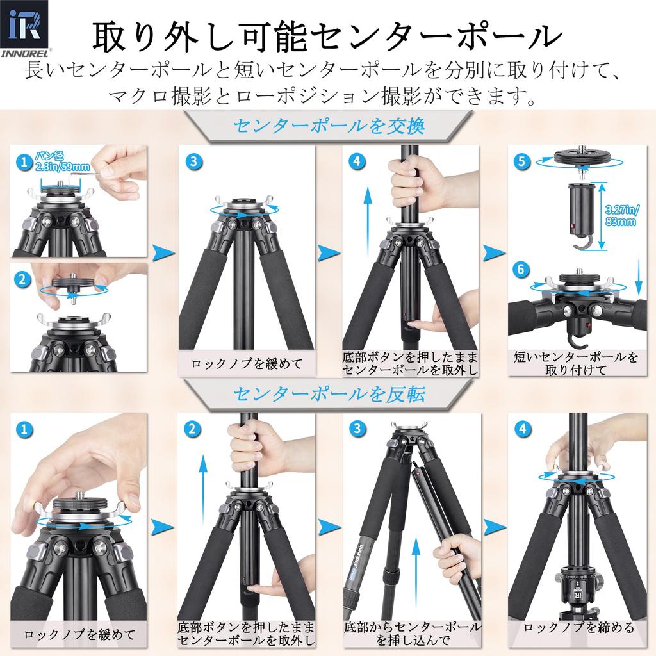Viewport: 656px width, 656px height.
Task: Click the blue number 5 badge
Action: coord(523,161)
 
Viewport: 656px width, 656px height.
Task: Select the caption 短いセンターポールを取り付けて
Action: coord(576,363)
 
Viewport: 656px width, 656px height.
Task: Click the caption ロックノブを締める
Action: coord(578,628)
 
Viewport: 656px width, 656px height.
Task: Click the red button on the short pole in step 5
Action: coord(572,227)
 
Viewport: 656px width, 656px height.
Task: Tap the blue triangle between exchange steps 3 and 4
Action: coord(329,252)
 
